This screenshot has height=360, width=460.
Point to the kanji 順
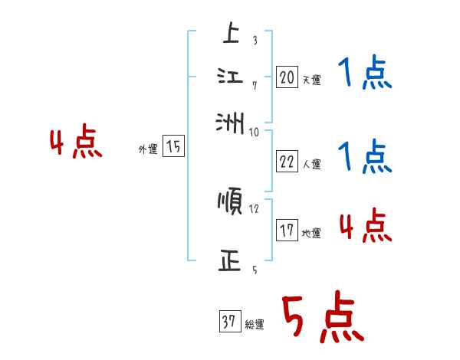pos(230,202)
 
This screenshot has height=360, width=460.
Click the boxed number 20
pos(287,77)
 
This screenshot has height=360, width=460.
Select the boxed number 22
pos(287,162)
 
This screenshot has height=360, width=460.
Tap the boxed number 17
pos(287,231)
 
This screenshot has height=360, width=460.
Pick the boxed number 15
pos(173,147)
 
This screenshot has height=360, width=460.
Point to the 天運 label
pos(311,80)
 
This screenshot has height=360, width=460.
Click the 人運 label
pos(311,164)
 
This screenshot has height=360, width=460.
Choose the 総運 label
pos(255,325)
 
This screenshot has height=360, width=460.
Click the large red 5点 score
pos(322,319)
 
